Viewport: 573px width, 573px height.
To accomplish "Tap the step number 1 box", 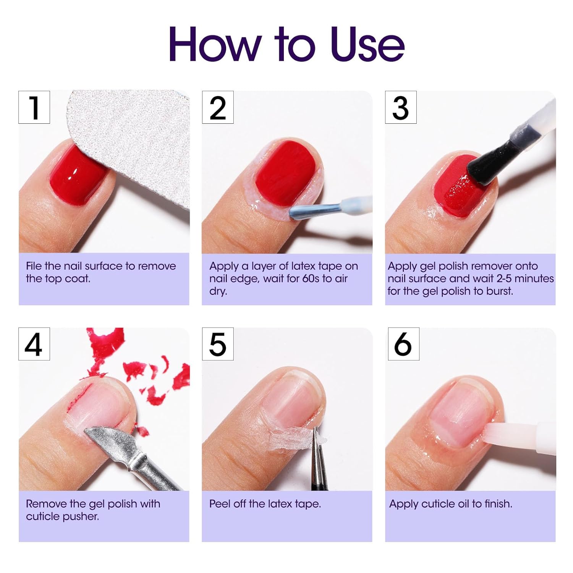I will (x=34, y=107).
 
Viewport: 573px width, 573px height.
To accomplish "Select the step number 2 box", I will (x=217, y=107).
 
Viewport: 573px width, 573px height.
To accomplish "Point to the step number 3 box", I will (x=400, y=107).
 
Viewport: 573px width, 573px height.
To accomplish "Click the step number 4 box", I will (x=34, y=344).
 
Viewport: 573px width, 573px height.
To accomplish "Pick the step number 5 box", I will (x=217, y=344).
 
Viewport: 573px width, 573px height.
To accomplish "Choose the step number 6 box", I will (x=403, y=344).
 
